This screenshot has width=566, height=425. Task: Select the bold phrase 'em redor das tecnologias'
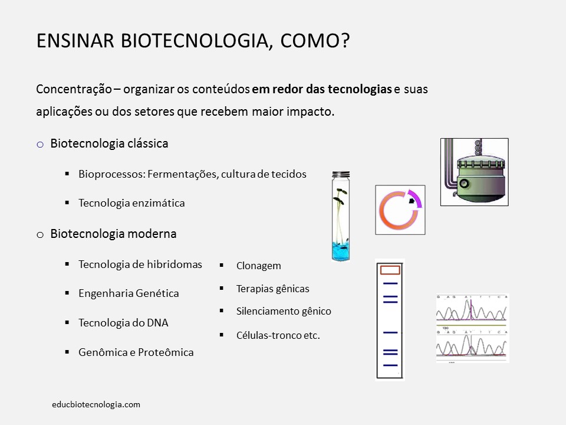(x=322, y=90)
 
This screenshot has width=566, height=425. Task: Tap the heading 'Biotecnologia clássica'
(x=109, y=143)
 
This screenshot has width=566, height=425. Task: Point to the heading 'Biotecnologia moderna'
(x=113, y=234)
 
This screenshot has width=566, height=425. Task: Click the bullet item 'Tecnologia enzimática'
(x=131, y=203)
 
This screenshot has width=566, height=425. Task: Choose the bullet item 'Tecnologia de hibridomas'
(x=140, y=264)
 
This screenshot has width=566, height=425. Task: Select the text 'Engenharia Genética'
(x=129, y=293)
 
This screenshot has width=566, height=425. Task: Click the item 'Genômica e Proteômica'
(x=136, y=352)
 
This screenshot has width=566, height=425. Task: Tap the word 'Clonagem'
(x=258, y=266)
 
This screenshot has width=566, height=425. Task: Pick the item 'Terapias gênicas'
(x=272, y=289)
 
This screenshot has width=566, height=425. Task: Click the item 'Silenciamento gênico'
(x=284, y=311)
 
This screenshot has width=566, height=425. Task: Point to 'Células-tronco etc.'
(x=278, y=335)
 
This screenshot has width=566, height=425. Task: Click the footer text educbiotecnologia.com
(x=96, y=404)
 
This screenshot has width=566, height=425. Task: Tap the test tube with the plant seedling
(x=341, y=215)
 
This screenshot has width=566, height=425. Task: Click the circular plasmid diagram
(x=400, y=210)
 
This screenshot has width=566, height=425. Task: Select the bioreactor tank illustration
(x=474, y=172)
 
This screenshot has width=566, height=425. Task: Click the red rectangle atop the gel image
(x=390, y=270)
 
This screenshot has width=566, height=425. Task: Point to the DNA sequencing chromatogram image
(x=472, y=328)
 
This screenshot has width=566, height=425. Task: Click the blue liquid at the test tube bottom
(x=341, y=250)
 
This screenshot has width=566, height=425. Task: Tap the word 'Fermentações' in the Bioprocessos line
(x=182, y=175)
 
